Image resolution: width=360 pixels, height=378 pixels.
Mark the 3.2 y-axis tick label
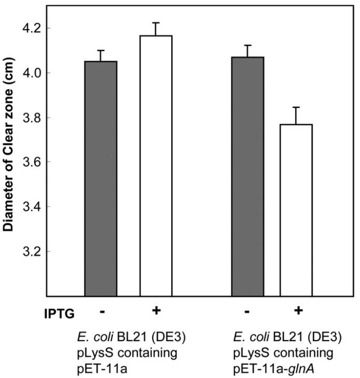(31, 252)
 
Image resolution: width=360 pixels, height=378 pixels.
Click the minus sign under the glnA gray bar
(247, 312)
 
